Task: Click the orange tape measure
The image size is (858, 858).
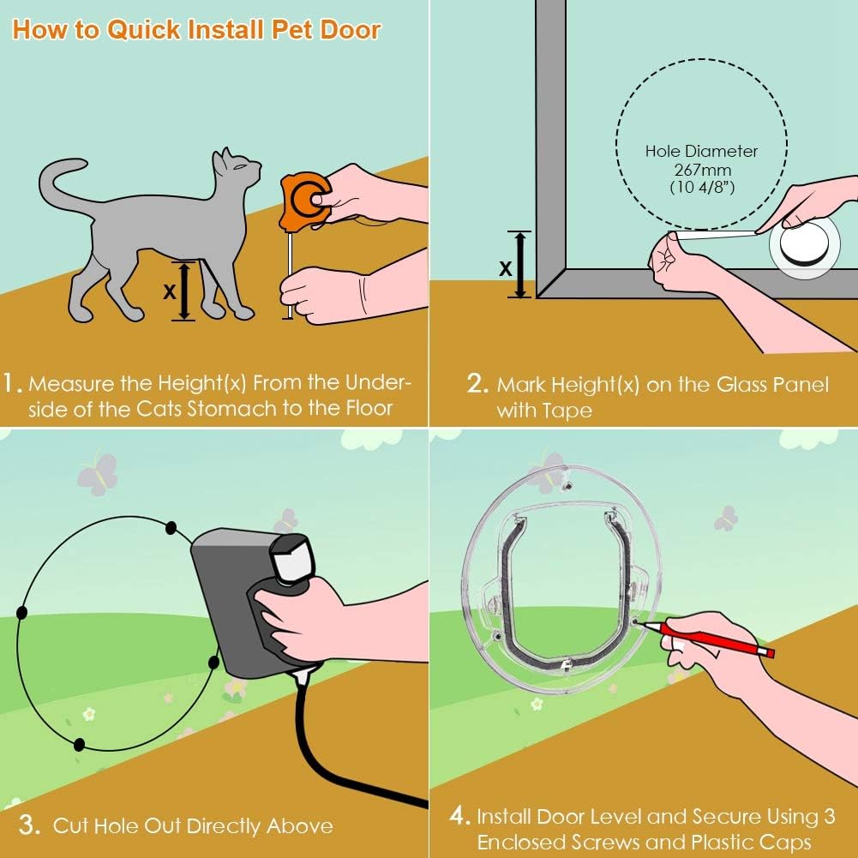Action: [x=302, y=198]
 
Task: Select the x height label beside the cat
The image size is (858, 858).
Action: [x=170, y=291]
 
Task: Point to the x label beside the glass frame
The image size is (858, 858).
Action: [x=506, y=267]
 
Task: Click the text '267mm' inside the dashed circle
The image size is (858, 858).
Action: [x=701, y=170]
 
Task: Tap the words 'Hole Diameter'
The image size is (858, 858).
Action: [x=701, y=151]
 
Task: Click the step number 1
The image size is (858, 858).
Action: [x=12, y=383]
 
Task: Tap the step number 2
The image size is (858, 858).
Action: [x=477, y=384]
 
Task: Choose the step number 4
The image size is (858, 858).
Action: [x=459, y=815]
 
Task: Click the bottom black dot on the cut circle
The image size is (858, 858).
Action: [x=80, y=744]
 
